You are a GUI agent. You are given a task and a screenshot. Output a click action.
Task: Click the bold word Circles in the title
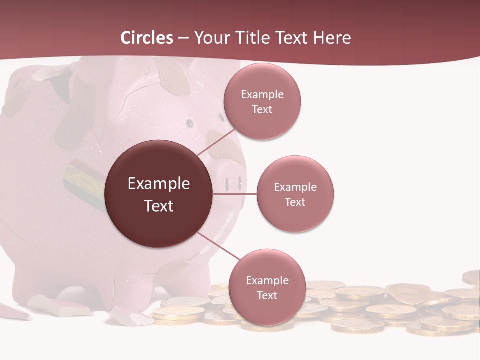146,38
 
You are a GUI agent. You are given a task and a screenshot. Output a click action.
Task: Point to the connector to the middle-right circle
235,194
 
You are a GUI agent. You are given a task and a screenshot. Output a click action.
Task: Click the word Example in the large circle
159,184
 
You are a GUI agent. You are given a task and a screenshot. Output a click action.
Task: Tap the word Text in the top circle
262,109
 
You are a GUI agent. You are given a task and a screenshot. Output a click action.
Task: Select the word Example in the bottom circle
267,280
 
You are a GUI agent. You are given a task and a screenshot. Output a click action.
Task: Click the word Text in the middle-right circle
295,202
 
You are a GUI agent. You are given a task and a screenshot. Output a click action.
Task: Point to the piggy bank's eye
190,122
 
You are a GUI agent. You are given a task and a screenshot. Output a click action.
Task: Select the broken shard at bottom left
60,305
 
